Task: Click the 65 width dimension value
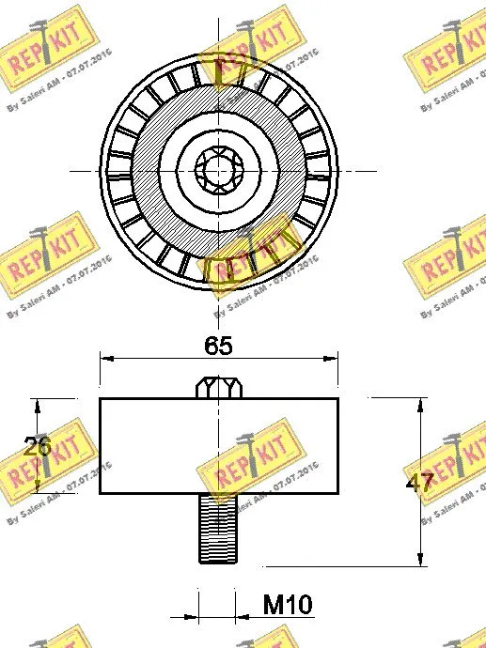pos(218,345)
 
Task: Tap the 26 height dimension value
pos(38,447)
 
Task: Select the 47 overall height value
pos(419,484)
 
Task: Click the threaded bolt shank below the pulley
pos(218,529)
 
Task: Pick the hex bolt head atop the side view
pos(218,387)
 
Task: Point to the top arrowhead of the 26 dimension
pos(38,405)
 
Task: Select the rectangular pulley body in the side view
pos(141,447)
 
